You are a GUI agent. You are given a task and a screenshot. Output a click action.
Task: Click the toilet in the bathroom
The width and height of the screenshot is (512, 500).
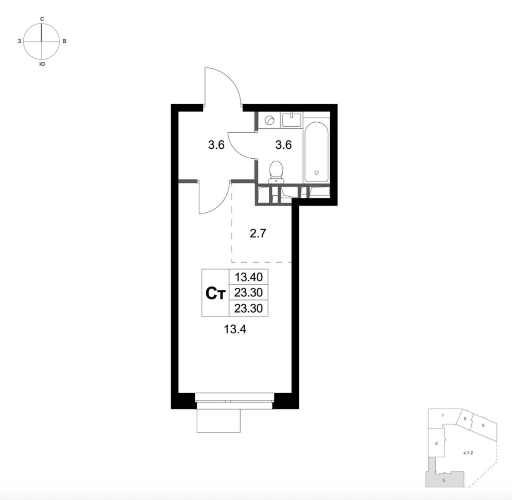[276, 172]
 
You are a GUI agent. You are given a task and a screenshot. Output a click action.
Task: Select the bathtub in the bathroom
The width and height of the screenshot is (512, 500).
[316, 152]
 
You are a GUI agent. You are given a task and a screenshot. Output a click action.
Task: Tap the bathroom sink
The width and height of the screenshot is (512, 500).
[292, 120]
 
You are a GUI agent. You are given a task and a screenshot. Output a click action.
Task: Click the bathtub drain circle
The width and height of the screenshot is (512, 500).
[316, 173]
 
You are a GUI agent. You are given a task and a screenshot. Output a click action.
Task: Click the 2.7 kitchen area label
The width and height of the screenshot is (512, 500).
[258, 233]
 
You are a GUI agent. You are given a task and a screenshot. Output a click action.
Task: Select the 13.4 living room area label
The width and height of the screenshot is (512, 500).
[235, 329]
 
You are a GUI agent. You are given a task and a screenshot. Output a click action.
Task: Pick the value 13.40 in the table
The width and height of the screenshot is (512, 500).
[249, 277]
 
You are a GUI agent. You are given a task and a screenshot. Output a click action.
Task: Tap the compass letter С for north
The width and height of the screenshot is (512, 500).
[42, 19]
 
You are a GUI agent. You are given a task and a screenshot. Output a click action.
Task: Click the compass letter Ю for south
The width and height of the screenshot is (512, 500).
[42, 64]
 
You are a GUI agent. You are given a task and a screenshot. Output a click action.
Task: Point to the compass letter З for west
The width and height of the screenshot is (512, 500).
[19, 41]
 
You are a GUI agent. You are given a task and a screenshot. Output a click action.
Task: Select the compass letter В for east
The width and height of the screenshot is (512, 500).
[64, 41]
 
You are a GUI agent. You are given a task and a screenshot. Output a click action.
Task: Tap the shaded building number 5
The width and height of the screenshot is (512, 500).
[443, 480]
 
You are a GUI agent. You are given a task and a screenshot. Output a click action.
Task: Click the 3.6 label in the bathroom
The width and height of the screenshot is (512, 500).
[284, 145]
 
